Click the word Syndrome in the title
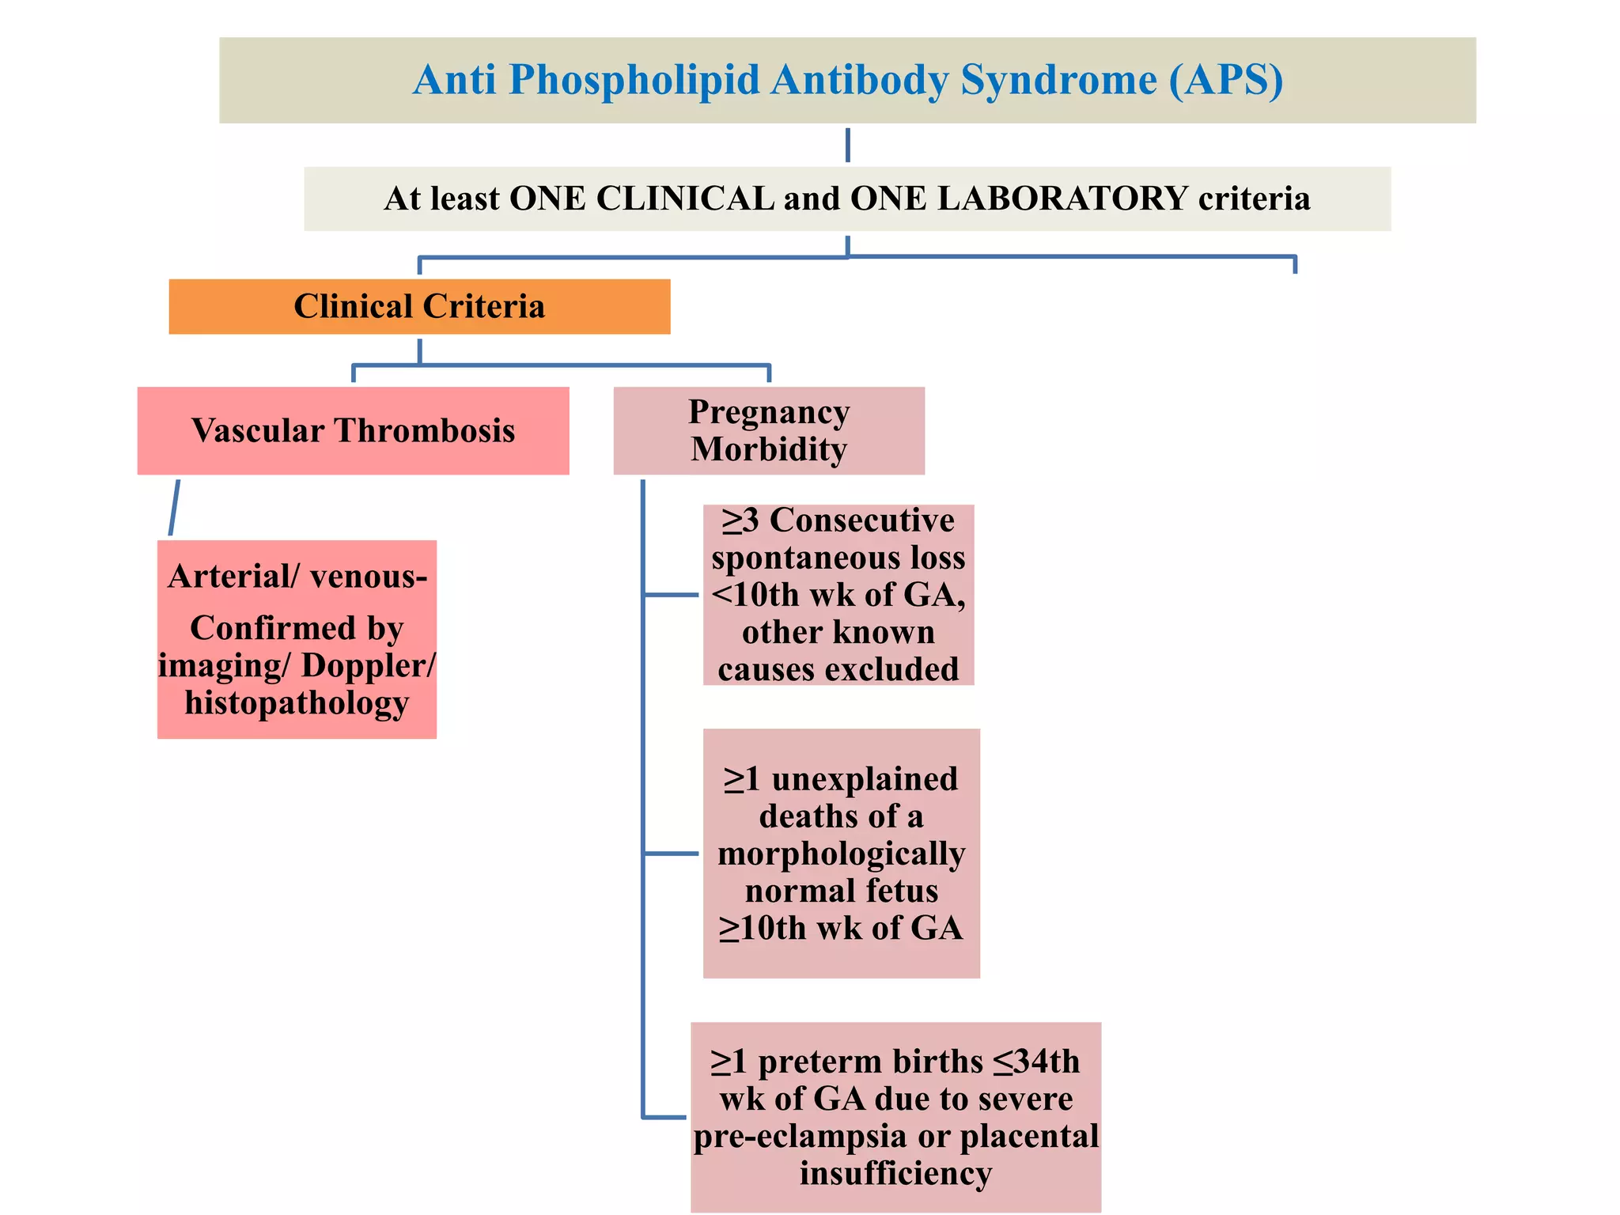click(1058, 81)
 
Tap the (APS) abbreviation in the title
click(1226, 81)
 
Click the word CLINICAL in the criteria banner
click(685, 198)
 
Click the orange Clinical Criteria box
click(419, 306)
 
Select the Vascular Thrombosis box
click(353, 430)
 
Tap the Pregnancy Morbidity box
click(769, 430)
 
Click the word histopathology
click(297, 702)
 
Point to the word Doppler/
click(369, 665)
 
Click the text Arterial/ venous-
click(297, 576)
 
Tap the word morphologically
click(841, 854)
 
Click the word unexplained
click(865, 779)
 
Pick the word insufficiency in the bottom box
click(895, 1172)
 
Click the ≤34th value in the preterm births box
click(1036, 1062)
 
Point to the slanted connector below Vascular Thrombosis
click(174, 507)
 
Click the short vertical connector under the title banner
click(847, 145)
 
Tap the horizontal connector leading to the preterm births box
click(664, 1117)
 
